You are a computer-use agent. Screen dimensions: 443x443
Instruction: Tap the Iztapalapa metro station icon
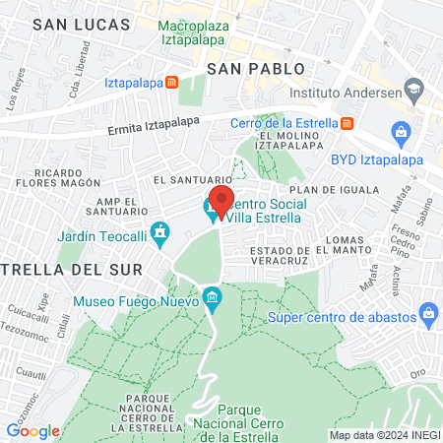(x=172, y=83)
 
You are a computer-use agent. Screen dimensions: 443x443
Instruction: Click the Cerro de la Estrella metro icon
(x=347, y=123)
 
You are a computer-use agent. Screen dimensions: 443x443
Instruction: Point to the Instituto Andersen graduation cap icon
(x=414, y=92)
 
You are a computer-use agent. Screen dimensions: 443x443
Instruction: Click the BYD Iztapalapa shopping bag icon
(x=401, y=132)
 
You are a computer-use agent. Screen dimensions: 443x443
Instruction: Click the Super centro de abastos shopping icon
(x=427, y=316)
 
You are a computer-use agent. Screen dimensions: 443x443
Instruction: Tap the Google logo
(x=32, y=430)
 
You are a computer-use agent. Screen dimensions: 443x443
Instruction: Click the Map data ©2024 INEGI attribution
(x=384, y=434)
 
